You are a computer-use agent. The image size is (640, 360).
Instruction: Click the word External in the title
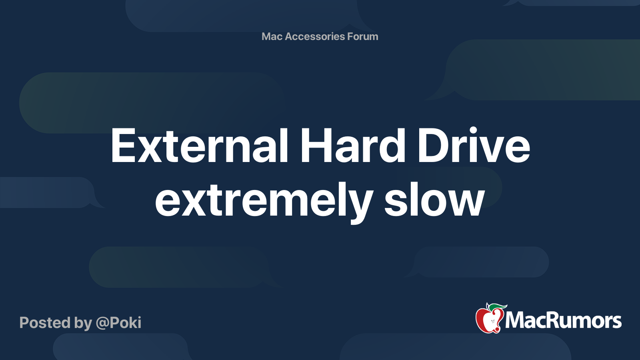(199, 146)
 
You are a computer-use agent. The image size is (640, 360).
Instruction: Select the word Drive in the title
(474, 146)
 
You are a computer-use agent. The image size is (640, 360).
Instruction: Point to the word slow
(434, 200)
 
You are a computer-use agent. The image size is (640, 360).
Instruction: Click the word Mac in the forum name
(272, 36)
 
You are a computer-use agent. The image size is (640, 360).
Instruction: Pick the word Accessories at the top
(315, 36)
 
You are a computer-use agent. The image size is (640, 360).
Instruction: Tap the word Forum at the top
(362, 36)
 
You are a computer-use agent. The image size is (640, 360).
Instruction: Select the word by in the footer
(83, 323)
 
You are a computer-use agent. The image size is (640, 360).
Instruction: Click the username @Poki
(118, 323)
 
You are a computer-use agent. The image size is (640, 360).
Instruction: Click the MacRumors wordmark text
(563, 321)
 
